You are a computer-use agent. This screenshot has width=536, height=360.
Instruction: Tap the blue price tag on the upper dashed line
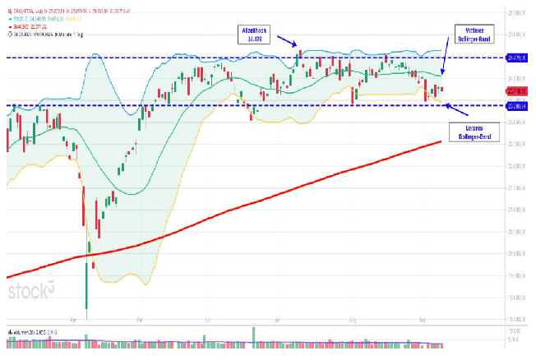[515, 58]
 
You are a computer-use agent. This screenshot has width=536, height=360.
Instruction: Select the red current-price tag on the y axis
[515, 90]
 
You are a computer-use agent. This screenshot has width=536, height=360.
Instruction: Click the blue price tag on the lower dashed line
[515, 105]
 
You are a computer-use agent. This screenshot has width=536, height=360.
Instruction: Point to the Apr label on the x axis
[74, 316]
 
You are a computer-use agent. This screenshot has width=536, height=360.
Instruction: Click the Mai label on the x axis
[140, 316]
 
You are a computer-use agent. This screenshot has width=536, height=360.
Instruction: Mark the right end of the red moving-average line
[441, 141]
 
